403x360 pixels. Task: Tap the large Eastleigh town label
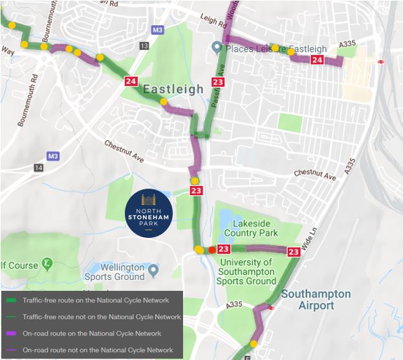coord(173,89)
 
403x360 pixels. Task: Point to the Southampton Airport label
coord(316,300)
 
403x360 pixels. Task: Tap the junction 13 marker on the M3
coord(144,45)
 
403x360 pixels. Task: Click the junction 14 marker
coord(38,168)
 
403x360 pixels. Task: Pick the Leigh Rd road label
coord(214,21)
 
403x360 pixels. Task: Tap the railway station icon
coord(381,61)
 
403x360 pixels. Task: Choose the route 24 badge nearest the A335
coord(317,60)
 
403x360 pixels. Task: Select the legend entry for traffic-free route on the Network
coord(95,301)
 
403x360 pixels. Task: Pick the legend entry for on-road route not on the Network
coord(98,350)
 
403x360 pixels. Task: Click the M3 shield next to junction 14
coord(53,156)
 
